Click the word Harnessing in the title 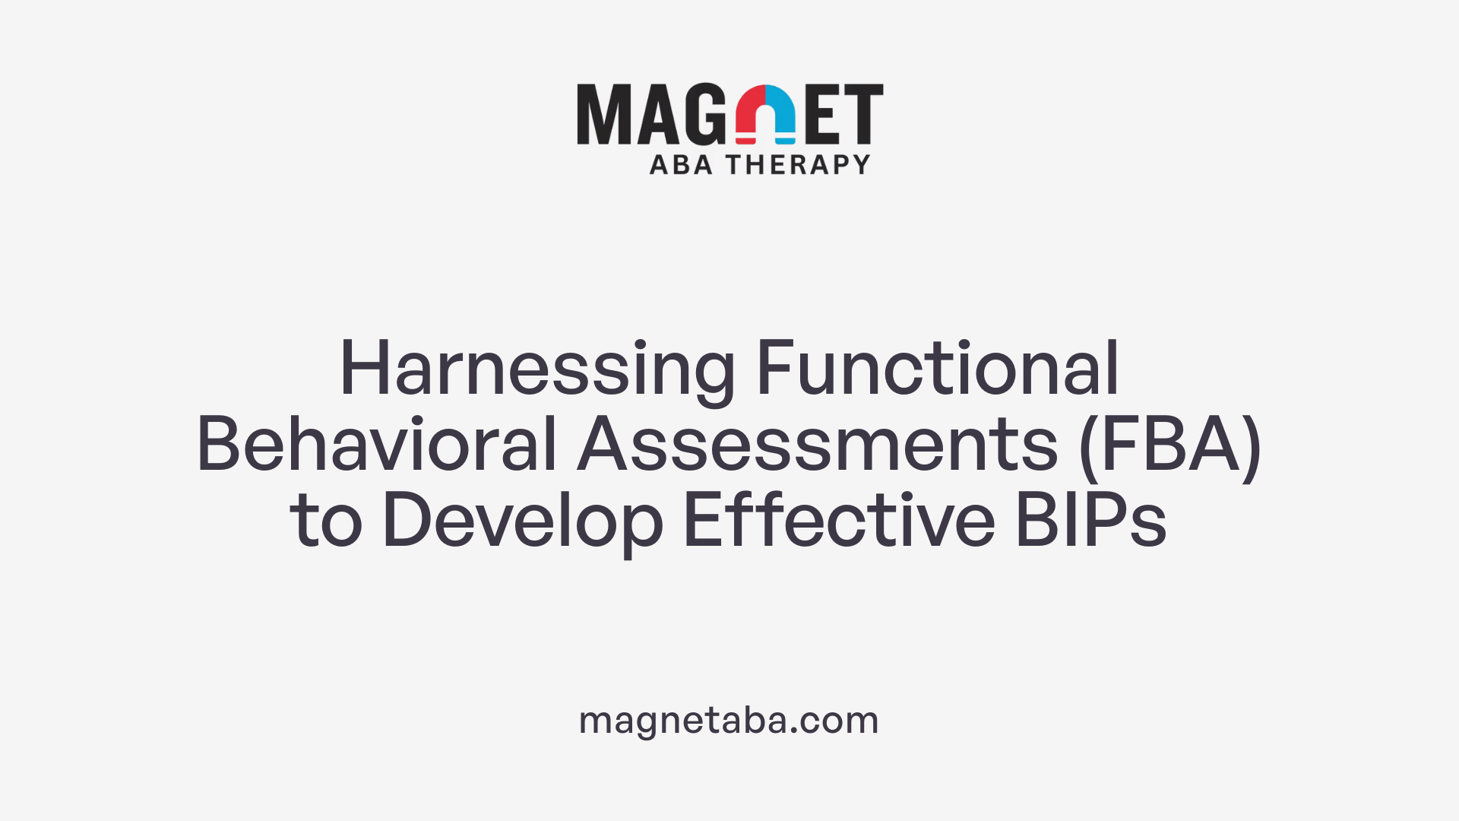click(x=536, y=370)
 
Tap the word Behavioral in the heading click(x=377, y=445)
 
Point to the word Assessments click(x=818, y=445)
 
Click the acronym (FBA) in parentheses click(x=1169, y=445)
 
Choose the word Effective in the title click(x=839, y=521)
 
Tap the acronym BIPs click(x=1090, y=521)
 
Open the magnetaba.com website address click(x=729, y=720)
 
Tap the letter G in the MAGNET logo click(x=704, y=114)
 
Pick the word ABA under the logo click(x=681, y=164)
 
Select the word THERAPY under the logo click(x=798, y=164)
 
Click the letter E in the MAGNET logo click(x=823, y=114)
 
